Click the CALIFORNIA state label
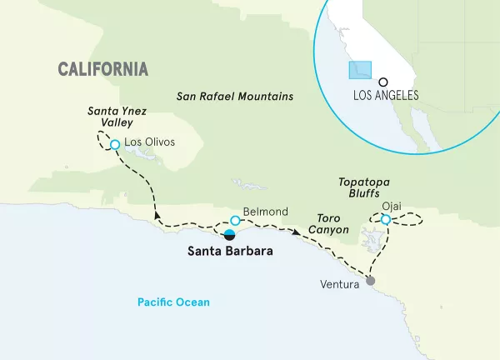point(103,68)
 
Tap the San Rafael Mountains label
point(235,97)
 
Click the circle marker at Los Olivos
point(115,144)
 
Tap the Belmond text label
point(264,212)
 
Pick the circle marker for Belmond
point(235,221)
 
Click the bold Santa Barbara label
point(228,250)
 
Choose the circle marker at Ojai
point(385,220)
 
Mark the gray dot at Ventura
point(371,281)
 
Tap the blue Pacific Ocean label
point(175,302)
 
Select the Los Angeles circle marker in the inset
point(382,82)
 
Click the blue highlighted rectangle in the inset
point(359,69)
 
